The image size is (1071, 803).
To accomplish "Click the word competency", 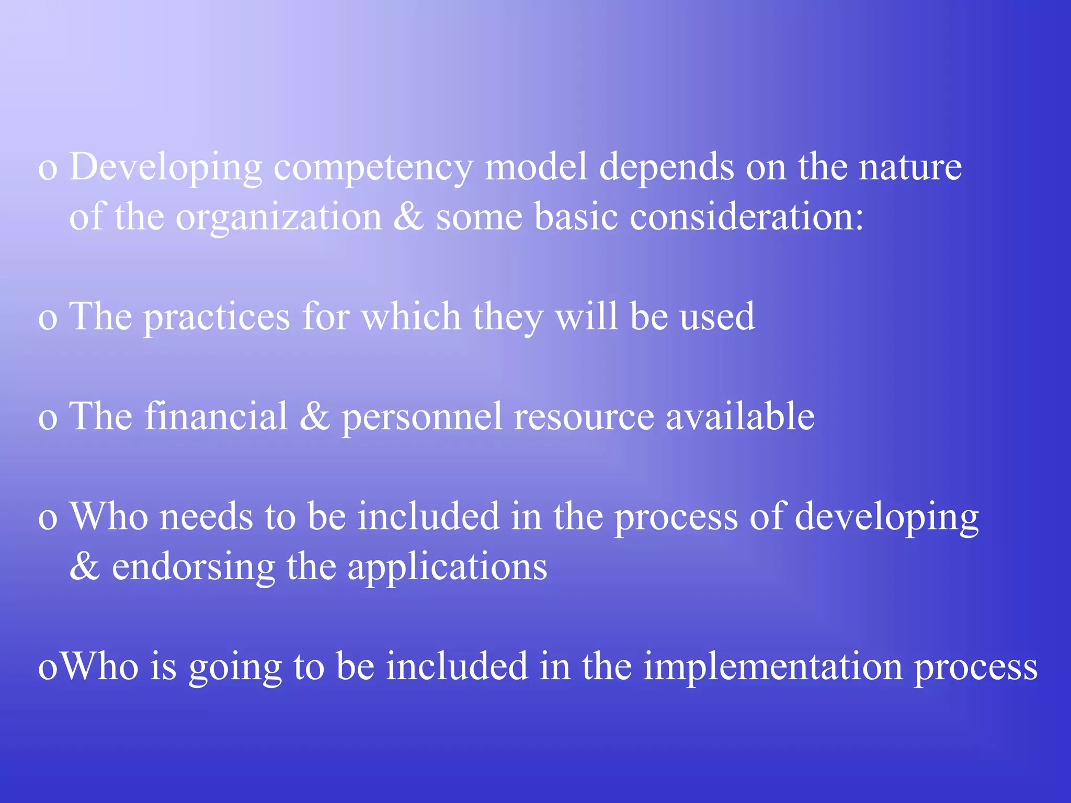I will (373, 168).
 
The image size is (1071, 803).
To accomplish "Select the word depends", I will (667, 168).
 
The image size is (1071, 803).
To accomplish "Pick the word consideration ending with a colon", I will (747, 216).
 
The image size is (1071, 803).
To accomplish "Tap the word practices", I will (217, 317).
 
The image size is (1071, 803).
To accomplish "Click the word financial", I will (216, 417).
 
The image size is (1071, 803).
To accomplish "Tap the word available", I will (740, 417).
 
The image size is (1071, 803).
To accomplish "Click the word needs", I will (206, 517).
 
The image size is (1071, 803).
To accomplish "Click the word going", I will (235, 668).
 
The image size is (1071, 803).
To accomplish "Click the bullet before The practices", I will (48, 318).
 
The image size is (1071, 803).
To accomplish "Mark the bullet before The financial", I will (48, 419).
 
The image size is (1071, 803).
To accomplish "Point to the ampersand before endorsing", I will (84, 566).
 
